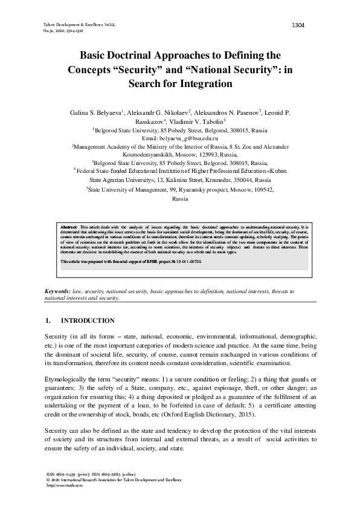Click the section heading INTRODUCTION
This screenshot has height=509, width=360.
point(88,320)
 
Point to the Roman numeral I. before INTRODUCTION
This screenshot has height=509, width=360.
point(48,320)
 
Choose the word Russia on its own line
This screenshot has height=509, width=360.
point(180,198)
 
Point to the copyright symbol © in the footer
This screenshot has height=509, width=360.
point(40,479)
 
